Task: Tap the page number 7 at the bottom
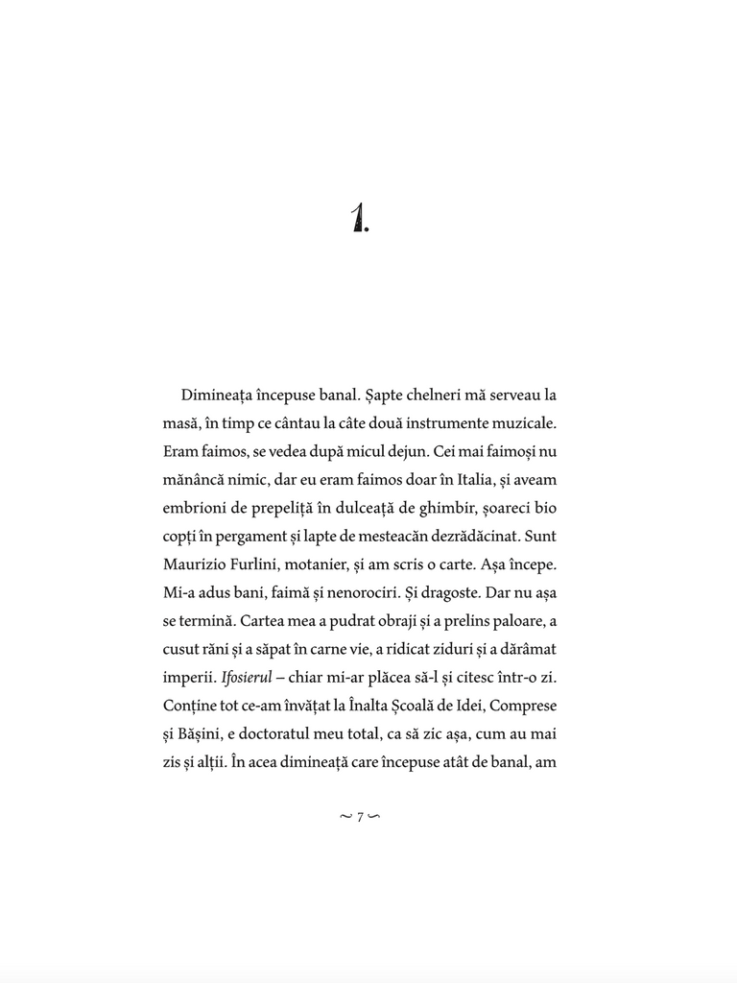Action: (x=360, y=817)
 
